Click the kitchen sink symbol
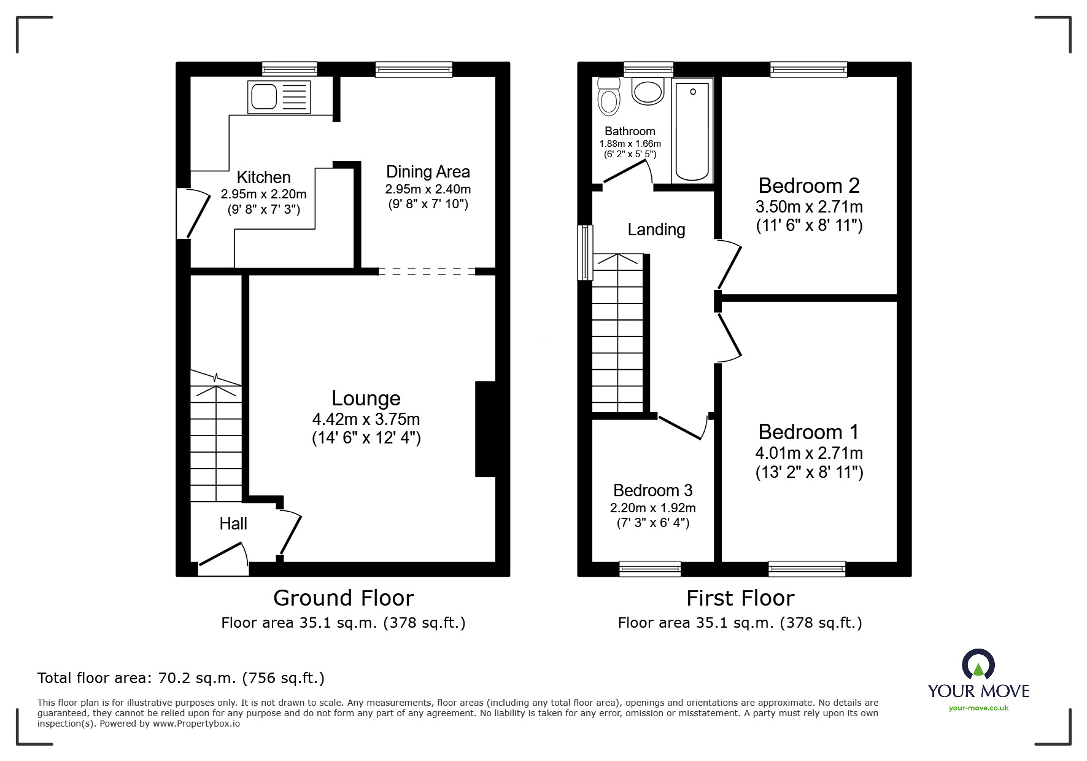(279, 96)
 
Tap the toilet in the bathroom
(608, 98)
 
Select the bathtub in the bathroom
(692, 130)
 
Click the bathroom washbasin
(648, 92)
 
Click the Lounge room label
(366, 399)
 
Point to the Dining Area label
(428, 172)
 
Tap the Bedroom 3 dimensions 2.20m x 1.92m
(652, 508)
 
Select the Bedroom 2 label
(808, 185)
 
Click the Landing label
(656, 230)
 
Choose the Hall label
(233, 524)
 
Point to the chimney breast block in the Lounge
(485, 429)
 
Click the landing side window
(586, 252)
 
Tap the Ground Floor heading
(343, 598)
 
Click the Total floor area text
(180, 678)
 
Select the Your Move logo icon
(978, 665)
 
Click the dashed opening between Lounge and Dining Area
(427, 271)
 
